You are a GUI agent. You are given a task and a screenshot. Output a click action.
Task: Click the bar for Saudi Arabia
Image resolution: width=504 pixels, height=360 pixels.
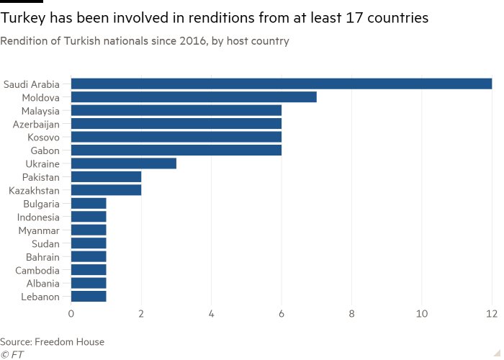pos(281,84)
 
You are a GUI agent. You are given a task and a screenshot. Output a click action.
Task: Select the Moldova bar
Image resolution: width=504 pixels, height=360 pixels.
pos(194,97)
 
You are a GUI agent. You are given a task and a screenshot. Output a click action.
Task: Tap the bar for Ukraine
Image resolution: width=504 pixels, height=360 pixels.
pos(123,163)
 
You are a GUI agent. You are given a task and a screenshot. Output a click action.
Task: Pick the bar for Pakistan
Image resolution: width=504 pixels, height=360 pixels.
pos(106,177)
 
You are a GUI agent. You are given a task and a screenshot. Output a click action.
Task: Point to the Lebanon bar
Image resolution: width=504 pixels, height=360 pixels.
pos(89,296)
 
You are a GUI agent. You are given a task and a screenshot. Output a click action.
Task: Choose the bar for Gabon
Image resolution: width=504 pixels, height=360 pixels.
pos(176,150)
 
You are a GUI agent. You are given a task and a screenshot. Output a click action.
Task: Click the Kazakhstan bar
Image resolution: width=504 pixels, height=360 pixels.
pos(106,190)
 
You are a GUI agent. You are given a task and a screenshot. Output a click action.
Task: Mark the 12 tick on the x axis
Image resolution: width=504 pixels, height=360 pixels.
pos(492,314)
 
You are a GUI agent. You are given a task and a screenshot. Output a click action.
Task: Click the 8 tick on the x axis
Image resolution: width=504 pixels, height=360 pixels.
pos(351,314)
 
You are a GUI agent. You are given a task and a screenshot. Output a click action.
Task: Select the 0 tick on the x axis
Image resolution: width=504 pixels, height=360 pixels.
pos(71,314)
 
